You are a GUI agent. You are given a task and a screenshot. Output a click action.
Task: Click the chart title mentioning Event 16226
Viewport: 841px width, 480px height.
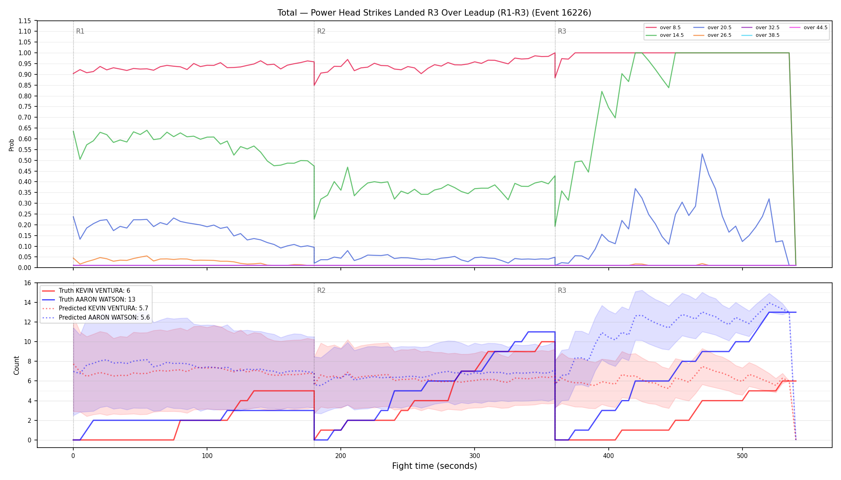coord(434,13)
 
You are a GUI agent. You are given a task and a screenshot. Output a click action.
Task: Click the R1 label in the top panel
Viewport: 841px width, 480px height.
coord(80,31)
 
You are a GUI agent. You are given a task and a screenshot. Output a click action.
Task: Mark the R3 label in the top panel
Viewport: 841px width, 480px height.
coord(562,31)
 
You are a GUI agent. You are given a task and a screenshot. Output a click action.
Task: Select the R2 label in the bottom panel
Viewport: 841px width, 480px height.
coord(321,290)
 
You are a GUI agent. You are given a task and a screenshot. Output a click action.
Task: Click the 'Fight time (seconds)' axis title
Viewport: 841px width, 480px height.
coord(435,466)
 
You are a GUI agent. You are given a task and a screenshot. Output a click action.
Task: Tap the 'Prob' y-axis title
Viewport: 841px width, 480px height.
coord(12,145)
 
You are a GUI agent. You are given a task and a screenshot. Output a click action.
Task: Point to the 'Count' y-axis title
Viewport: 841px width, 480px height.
coord(16,365)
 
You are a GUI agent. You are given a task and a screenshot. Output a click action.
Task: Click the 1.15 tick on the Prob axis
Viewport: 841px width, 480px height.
coord(24,21)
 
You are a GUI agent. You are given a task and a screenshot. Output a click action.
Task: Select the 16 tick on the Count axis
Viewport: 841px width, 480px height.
coord(27,283)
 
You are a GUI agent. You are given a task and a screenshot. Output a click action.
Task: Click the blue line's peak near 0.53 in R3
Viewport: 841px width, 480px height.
coord(702,154)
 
